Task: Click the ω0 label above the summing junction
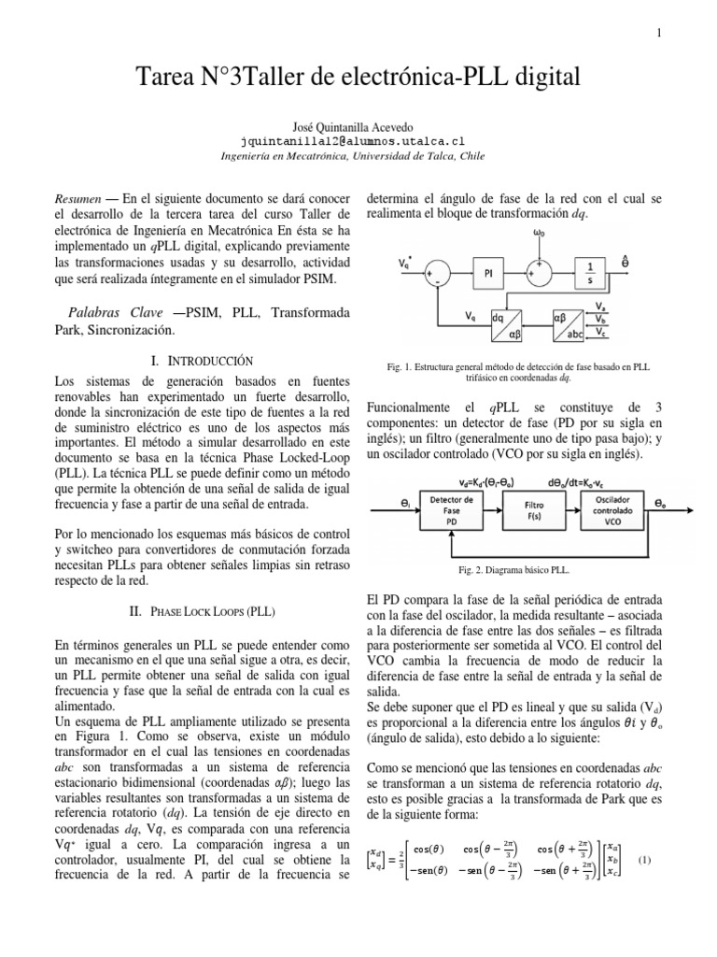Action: [x=539, y=232]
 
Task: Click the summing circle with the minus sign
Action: [x=436, y=272]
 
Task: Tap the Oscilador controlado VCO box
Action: [x=615, y=509]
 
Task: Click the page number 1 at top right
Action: [x=659, y=35]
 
